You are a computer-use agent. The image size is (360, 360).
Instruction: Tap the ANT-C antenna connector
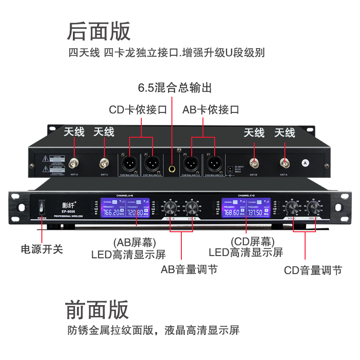click(104, 163)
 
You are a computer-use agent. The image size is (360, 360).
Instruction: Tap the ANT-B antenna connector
click(255, 163)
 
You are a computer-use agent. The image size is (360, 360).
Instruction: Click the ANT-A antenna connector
click(284, 163)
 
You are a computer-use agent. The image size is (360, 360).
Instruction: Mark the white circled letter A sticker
click(306, 162)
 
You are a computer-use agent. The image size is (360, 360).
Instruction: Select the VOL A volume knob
click(171, 208)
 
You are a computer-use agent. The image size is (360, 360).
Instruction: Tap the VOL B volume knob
click(191, 208)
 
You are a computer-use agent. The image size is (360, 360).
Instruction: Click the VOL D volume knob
click(314, 208)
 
